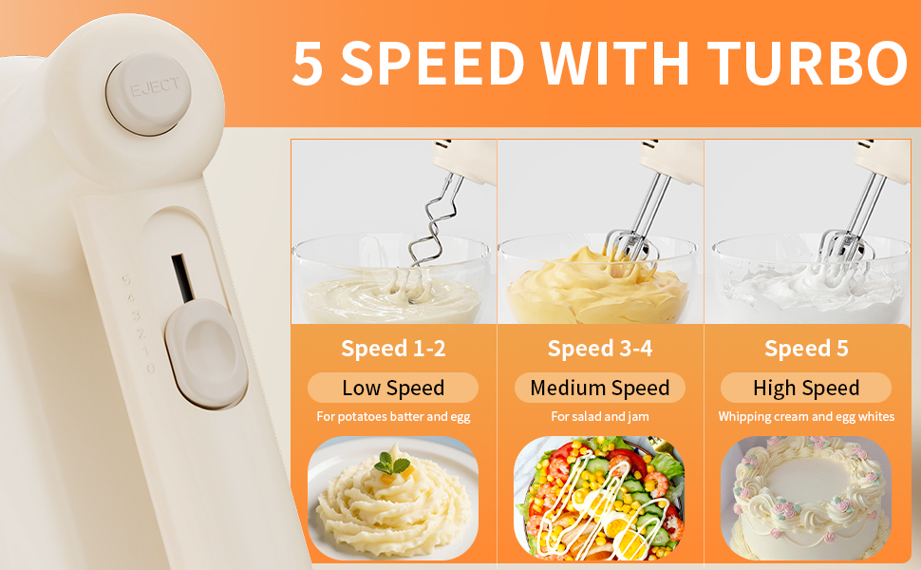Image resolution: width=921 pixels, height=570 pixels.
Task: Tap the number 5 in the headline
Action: click(308, 65)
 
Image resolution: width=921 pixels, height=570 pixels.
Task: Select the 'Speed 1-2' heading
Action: click(393, 349)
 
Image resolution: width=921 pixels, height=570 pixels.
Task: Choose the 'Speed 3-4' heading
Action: click(600, 349)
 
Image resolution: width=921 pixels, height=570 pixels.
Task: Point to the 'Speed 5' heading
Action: click(806, 349)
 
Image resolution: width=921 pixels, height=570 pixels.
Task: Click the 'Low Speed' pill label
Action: click(393, 388)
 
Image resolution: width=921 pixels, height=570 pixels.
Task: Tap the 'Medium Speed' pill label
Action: click(600, 388)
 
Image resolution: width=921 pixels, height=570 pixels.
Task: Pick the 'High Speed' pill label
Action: click(806, 388)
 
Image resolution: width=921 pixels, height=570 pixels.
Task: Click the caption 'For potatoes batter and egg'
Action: click(393, 417)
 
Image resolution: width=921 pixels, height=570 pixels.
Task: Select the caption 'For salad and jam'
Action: click(600, 417)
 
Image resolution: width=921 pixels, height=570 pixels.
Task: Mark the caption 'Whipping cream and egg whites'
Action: click(806, 417)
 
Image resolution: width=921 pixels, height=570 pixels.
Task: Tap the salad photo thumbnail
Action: click(599, 497)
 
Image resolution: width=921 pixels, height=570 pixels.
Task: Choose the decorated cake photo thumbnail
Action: click(806, 497)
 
